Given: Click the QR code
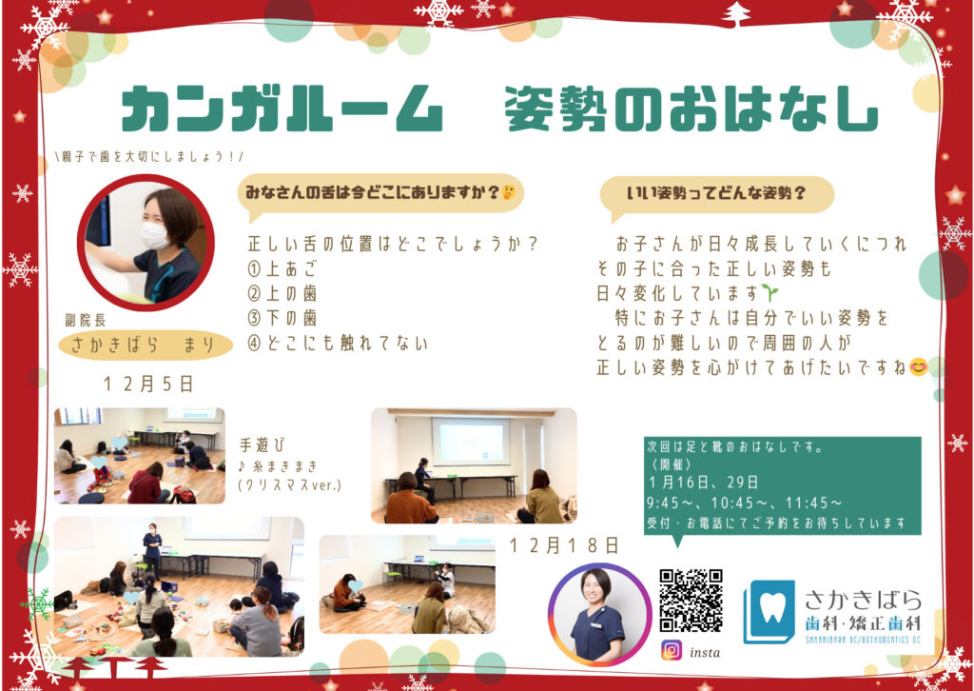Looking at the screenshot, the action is tap(691, 601).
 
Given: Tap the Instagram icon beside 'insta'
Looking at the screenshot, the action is tap(672, 651).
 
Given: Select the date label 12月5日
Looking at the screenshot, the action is tap(148, 384).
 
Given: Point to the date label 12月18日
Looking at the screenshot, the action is tap(564, 545).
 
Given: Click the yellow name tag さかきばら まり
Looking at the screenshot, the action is tap(146, 345).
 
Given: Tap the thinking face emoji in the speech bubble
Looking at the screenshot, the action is tap(508, 192).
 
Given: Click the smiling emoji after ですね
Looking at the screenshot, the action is tap(918, 367).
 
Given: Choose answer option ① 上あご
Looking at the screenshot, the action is tap(282, 268).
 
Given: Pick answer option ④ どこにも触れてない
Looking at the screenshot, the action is tap(338, 343).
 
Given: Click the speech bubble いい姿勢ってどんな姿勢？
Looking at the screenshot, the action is tap(716, 196).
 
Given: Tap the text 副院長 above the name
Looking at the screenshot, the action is tap(85, 320).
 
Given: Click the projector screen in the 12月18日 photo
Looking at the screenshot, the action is tap(471, 442).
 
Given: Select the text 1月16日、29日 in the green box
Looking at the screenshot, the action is tap(703, 482).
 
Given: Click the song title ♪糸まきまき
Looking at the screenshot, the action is tap(279, 465).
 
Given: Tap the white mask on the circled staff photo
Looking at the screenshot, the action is tap(155, 236).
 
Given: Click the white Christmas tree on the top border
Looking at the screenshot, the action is tap(737, 14).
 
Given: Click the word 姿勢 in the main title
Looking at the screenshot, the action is tap(555, 109).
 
